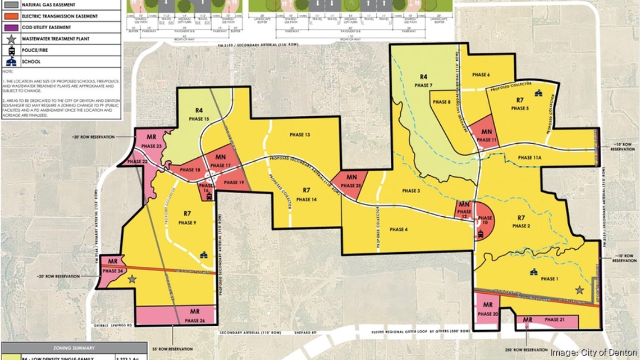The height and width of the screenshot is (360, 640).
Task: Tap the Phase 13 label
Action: point(300,135)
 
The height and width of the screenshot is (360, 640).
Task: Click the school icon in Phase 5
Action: point(538,93)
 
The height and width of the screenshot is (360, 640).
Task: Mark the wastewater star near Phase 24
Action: point(132,279)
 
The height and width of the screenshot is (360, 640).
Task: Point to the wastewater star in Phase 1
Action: point(579,290)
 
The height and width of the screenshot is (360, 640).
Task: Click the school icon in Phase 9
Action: point(203,255)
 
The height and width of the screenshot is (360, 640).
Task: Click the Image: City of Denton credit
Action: point(593,353)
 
